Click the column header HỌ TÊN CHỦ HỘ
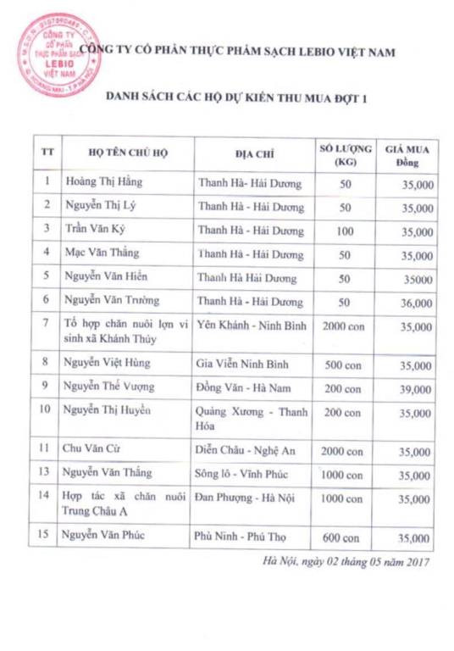click(125, 154)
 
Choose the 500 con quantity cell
click(344, 364)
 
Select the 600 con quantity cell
click(344, 537)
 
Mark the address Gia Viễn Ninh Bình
click(243, 364)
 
